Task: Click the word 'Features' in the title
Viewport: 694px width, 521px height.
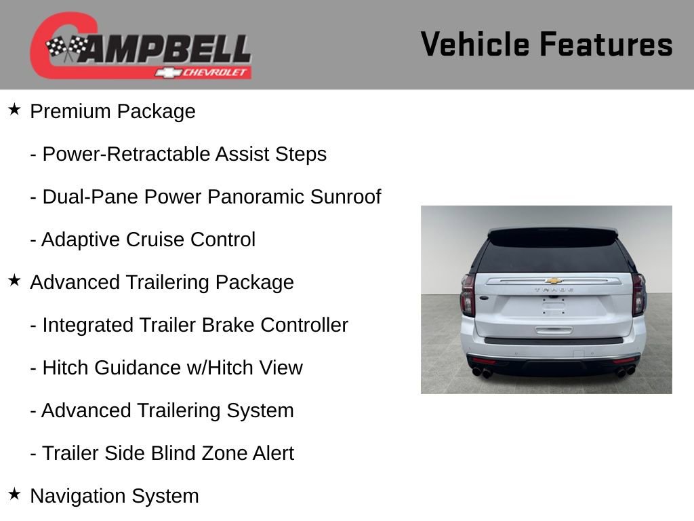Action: (606, 45)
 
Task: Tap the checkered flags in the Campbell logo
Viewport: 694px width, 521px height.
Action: (66, 48)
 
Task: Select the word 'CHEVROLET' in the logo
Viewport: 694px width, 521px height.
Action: (216, 73)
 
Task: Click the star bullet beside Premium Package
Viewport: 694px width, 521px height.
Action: (14, 109)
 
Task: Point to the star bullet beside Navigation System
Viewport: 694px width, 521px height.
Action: (14, 494)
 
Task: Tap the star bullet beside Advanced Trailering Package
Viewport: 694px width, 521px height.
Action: (14, 280)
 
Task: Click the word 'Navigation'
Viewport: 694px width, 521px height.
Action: (78, 496)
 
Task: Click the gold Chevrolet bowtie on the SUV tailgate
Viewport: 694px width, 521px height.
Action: (554, 280)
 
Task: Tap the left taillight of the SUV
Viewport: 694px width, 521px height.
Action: (468, 295)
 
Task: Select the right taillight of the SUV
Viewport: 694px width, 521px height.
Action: (638, 295)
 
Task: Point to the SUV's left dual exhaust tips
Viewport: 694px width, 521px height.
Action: (482, 372)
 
